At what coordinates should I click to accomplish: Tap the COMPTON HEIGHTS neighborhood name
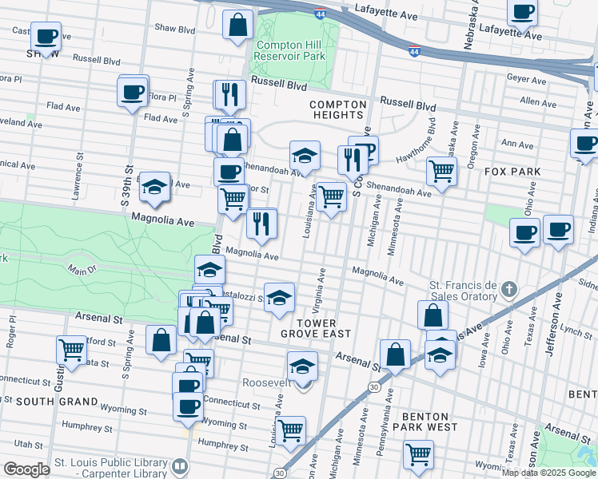pos(337,109)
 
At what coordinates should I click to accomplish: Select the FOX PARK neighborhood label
pos(512,172)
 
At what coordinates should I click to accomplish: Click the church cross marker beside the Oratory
pos(509,287)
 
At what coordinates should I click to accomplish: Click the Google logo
pos(26,469)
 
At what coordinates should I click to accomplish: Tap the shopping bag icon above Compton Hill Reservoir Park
pos(238,25)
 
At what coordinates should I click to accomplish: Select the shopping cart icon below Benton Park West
pos(418,454)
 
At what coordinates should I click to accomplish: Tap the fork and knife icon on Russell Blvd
pos(229,93)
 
